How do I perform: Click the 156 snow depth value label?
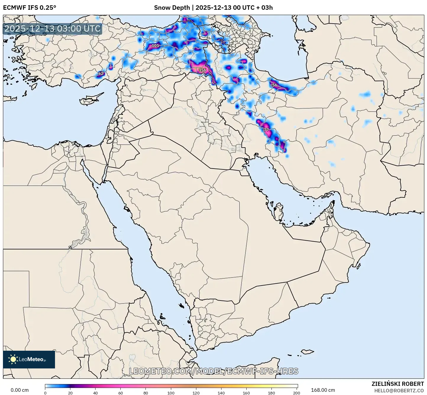point(203,70)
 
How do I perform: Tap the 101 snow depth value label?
point(155,46)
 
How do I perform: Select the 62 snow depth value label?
point(101,74)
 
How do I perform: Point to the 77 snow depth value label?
point(266,130)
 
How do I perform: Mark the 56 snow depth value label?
point(275,85)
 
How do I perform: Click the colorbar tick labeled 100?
point(171,393)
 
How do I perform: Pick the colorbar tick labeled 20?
point(70,393)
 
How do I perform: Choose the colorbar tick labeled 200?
point(297,393)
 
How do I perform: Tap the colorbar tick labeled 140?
point(221,393)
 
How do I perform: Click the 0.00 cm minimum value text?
point(20,390)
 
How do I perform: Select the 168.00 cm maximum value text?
point(323,390)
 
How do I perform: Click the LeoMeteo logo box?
point(29,359)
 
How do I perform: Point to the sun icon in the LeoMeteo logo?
point(13,359)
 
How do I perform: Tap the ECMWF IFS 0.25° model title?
point(30,8)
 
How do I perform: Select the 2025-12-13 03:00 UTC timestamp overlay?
point(52,29)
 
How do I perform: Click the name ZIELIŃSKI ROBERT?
point(398,384)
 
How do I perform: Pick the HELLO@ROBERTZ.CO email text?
point(399,391)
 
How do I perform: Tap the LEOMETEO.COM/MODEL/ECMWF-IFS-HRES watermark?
point(213,371)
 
